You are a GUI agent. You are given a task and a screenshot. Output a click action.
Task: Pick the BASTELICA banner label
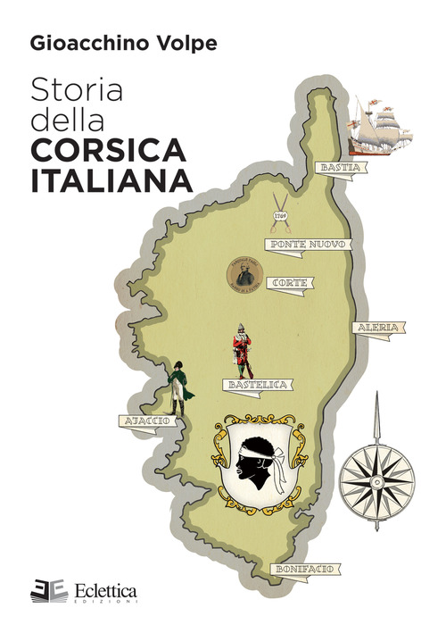coord(255,385)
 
